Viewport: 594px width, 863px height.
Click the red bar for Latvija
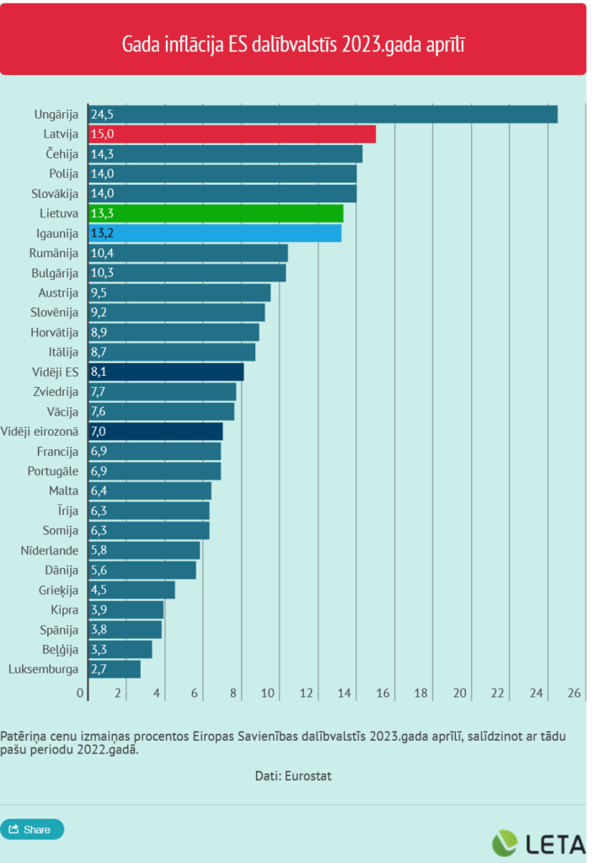pyautogui.click(x=232, y=134)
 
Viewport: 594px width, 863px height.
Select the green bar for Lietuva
pyautogui.click(x=215, y=213)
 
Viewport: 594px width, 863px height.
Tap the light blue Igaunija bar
pyautogui.click(x=214, y=233)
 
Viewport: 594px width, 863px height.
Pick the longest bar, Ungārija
pyautogui.click(x=323, y=114)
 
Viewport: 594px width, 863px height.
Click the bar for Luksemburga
pyautogui.click(x=114, y=669)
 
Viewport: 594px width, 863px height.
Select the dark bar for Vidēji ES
pyautogui.click(x=165, y=372)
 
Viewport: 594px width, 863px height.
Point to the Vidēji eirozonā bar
pyautogui.click(x=155, y=431)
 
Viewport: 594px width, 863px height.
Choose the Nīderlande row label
pyautogui.click(x=49, y=550)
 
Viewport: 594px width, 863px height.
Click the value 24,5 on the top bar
pyautogui.click(x=102, y=115)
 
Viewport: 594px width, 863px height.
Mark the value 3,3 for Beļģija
pyautogui.click(x=99, y=650)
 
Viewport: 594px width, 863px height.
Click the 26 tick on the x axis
pyautogui.click(x=575, y=693)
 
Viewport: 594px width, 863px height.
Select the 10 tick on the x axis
pyautogui.click(x=269, y=693)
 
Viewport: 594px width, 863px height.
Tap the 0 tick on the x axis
pyautogui.click(x=81, y=693)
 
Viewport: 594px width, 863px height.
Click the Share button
pyautogui.click(x=32, y=829)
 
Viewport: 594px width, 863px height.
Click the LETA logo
pyautogui.click(x=538, y=844)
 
